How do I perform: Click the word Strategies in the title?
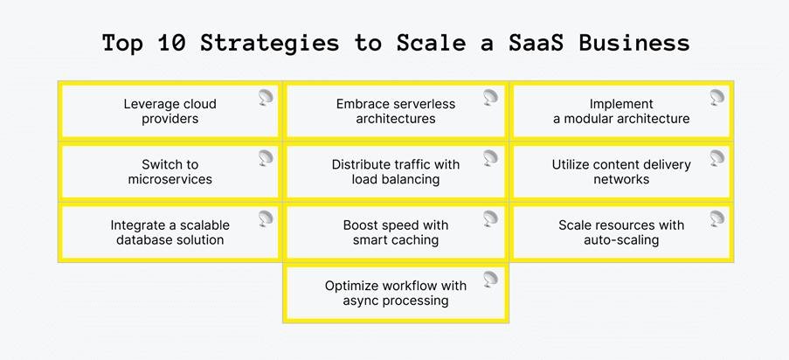point(270,44)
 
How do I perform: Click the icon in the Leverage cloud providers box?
point(266,98)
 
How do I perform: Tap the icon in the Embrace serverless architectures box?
point(490,98)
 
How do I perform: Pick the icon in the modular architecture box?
point(717,98)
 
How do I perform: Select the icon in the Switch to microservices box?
point(266,158)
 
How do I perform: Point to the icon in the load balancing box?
point(490,158)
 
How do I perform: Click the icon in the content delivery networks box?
point(717,158)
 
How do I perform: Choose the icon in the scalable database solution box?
point(266,218)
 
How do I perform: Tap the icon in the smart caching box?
point(490,218)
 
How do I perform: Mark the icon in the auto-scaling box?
point(717,218)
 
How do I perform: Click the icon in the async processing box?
point(490,279)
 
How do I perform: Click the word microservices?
point(170,179)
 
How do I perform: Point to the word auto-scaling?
point(621,240)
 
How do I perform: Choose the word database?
point(141,239)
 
